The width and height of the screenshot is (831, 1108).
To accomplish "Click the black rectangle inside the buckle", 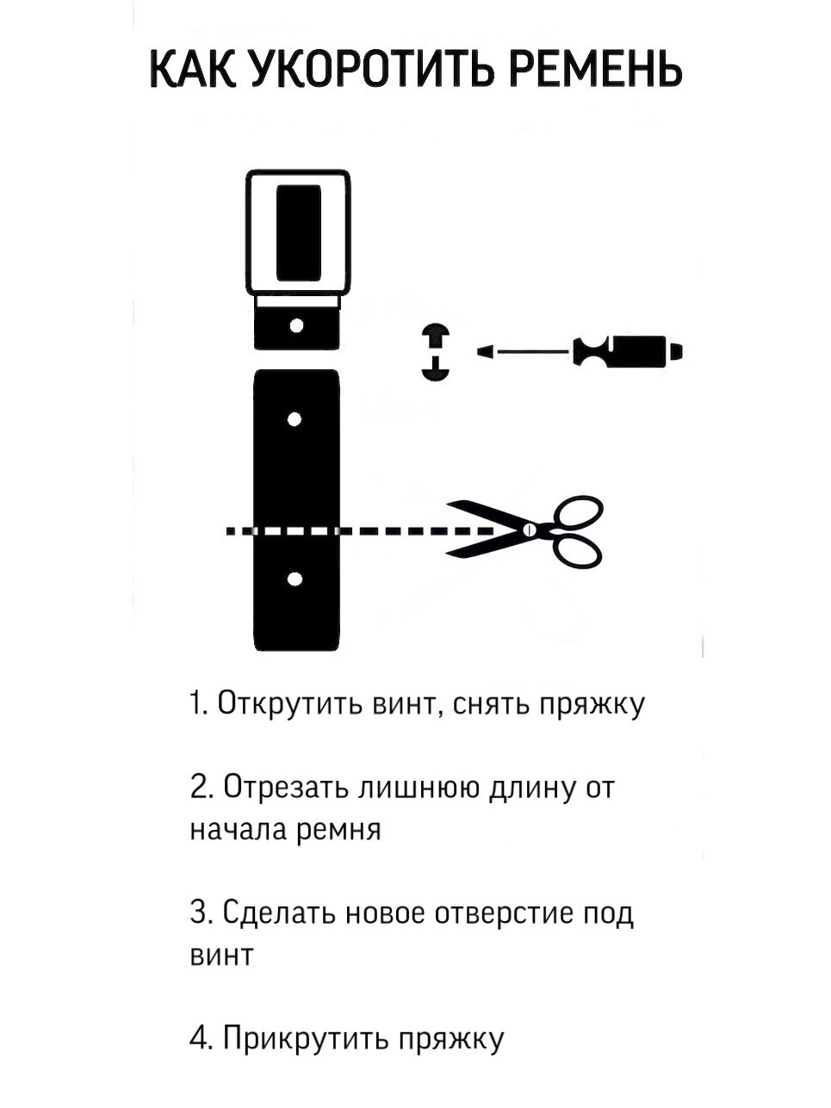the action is pos(298,233).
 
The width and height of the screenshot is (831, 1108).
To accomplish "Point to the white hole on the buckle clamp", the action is pos(296,325).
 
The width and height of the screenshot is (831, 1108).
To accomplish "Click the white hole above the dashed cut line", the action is pos(295,419).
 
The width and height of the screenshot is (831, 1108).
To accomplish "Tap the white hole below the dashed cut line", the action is pos(295,579).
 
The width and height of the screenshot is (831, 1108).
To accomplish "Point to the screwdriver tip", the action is pos(486,351).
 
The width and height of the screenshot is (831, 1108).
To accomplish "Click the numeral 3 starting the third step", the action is pos(197,913).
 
